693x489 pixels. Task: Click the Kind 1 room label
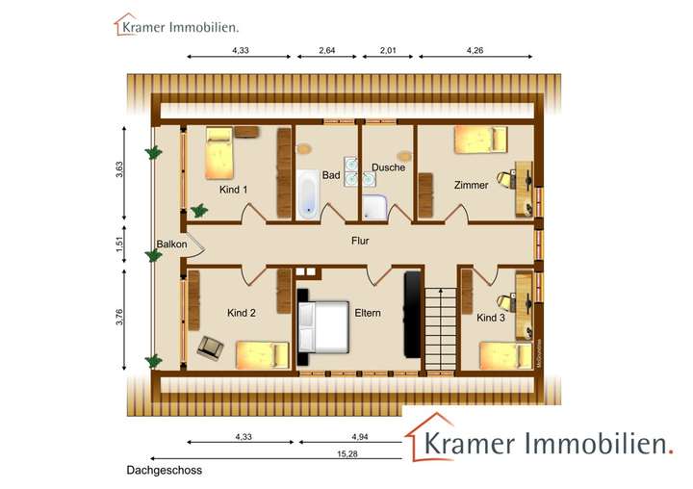pyautogui.click(x=234, y=190)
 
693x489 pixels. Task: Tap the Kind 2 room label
pyautogui.click(x=242, y=313)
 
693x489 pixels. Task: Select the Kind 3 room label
pyautogui.click(x=491, y=317)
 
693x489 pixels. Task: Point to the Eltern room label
pyautogui.click(x=368, y=313)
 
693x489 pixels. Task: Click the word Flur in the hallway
pyautogui.click(x=360, y=242)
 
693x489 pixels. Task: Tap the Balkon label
pyautogui.click(x=171, y=244)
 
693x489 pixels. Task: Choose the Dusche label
pyautogui.click(x=388, y=167)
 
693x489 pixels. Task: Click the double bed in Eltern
pyautogui.click(x=323, y=326)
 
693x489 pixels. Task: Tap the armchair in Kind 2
pyautogui.click(x=212, y=347)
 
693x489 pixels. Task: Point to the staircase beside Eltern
pyautogui.click(x=440, y=326)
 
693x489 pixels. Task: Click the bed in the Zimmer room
pyautogui.click(x=479, y=140)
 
